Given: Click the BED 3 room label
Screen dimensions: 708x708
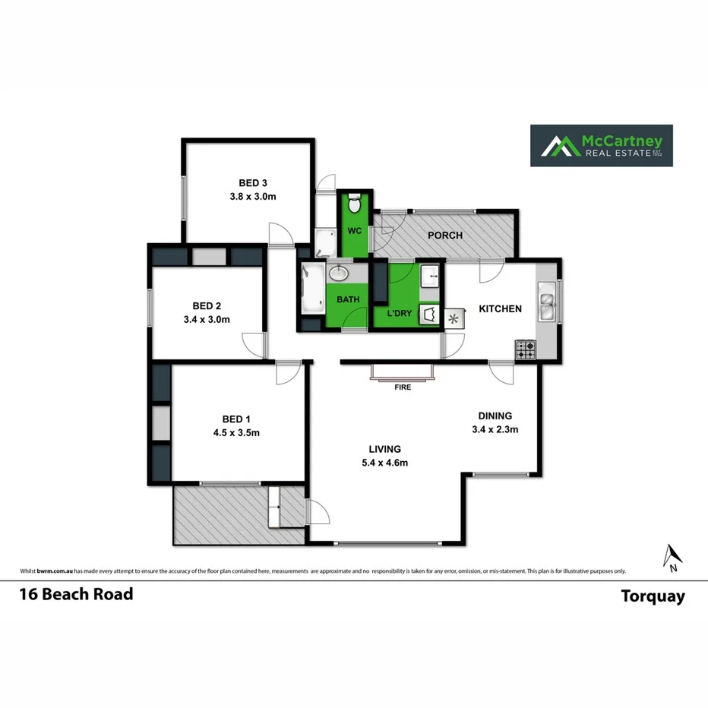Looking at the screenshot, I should click(252, 182).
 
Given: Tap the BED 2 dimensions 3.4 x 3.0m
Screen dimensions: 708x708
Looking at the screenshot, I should click(207, 320).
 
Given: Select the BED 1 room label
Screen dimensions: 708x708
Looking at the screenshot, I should click(235, 419).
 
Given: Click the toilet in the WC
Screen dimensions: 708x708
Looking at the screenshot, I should click(354, 205).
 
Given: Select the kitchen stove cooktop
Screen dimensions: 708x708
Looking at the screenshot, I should click(526, 350).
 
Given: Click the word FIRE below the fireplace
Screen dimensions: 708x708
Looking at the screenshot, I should click(403, 387).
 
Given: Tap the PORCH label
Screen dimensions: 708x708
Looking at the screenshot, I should click(445, 235).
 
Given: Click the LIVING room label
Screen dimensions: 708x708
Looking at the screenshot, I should click(384, 449).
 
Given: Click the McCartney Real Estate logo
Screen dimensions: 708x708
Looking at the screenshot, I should click(601, 145).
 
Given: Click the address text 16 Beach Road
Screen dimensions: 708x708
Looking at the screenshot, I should click(76, 594).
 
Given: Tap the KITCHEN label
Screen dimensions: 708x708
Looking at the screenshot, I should click(500, 308).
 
